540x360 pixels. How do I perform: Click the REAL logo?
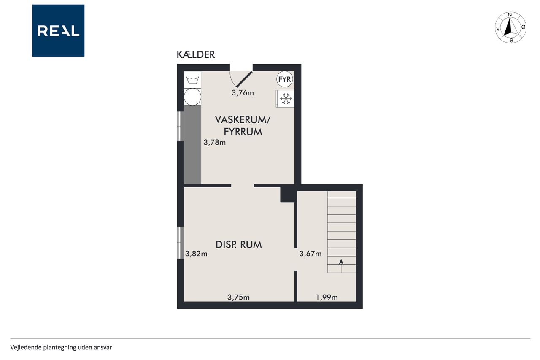[x=58, y=31]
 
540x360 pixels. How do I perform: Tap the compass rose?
[x=510, y=27]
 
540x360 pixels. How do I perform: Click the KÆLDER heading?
[x=196, y=55]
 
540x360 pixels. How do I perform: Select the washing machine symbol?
[x=192, y=80]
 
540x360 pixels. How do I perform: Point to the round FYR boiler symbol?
[x=284, y=79]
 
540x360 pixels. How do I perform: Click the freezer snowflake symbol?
[x=286, y=99]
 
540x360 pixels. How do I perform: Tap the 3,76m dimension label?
[x=243, y=93]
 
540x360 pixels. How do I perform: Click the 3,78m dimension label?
[x=215, y=143]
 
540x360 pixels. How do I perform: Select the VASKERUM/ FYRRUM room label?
[x=243, y=126]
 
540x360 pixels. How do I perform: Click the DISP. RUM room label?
[x=239, y=245]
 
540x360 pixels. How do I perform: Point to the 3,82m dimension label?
[x=196, y=254]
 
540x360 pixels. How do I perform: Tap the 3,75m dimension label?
[x=238, y=297]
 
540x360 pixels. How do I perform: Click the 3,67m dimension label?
[x=310, y=254]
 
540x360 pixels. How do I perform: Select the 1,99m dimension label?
[x=327, y=297]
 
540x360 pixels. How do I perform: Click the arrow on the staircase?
[x=341, y=266]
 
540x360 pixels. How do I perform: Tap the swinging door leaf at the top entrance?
[x=244, y=79]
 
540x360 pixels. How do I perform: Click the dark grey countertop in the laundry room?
[x=192, y=145]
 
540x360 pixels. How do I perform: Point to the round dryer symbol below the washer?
[x=192, y=97]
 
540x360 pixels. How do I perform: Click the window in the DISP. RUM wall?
[x=181, y=243]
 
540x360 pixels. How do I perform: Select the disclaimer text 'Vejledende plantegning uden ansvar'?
[x=61, y=347]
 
